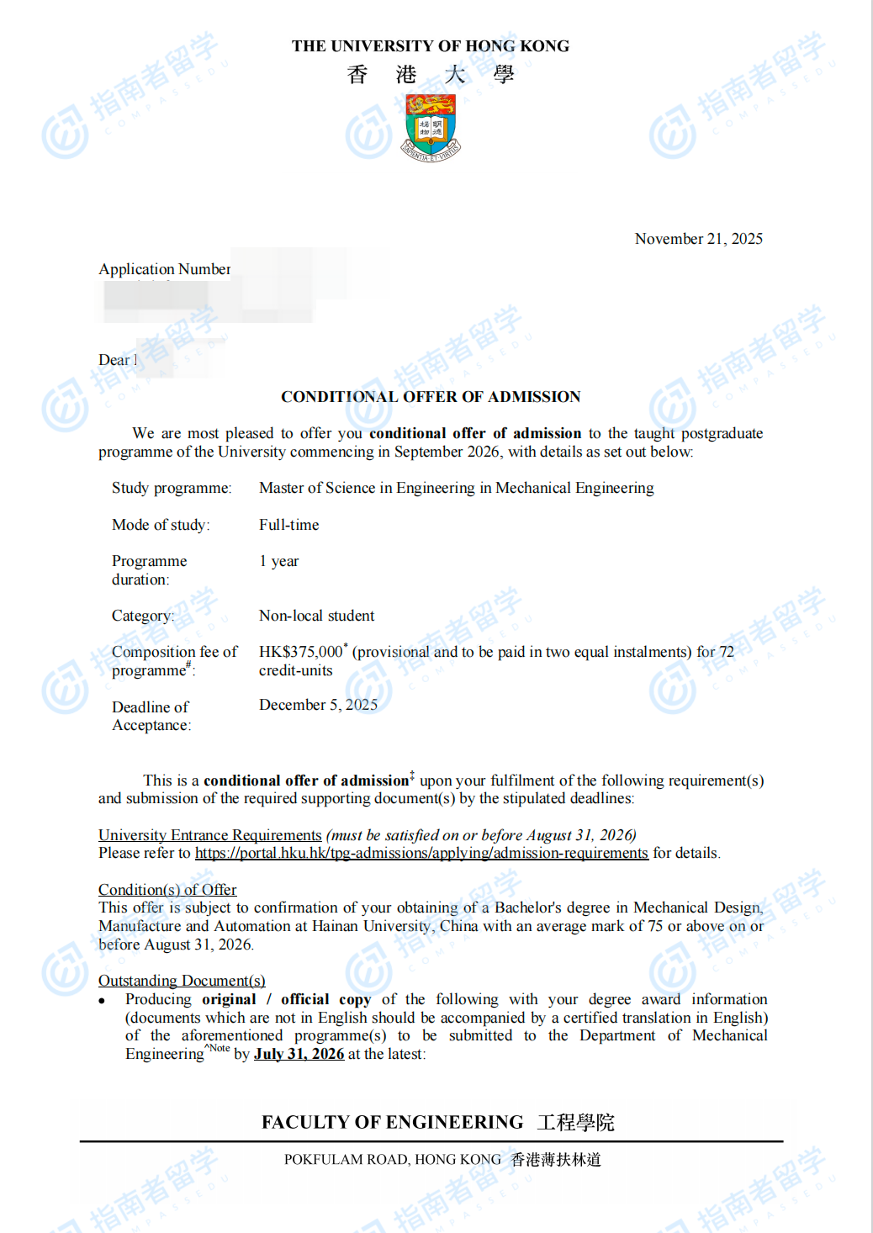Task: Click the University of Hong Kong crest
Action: point(431,127)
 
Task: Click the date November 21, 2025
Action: point(698,239)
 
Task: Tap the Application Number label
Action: point(164,269)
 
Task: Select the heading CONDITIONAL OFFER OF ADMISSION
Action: point(431,397)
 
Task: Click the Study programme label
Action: point(172,488)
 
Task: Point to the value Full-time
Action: point(288,525)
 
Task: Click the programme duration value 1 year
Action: point(278,561)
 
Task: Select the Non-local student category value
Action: point(316,616)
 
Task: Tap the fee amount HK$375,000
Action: point(300,652)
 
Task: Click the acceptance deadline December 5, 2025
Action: point(318,705)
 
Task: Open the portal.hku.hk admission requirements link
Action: point(421,853)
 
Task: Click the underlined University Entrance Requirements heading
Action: point(209,835)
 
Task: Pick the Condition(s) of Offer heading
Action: point(167,890)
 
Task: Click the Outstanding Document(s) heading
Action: point(182,981)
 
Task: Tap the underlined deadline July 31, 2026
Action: point(299,1054)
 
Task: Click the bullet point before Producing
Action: point(102,1001)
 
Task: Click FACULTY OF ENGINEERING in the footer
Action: point(392,1122)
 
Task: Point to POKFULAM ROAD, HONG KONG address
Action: point(392,1160)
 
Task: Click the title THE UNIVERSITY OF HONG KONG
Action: point(431,46)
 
